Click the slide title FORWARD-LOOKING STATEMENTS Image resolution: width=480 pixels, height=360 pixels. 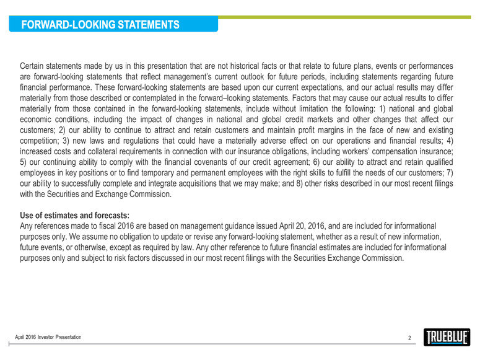click(x=100, y=25)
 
